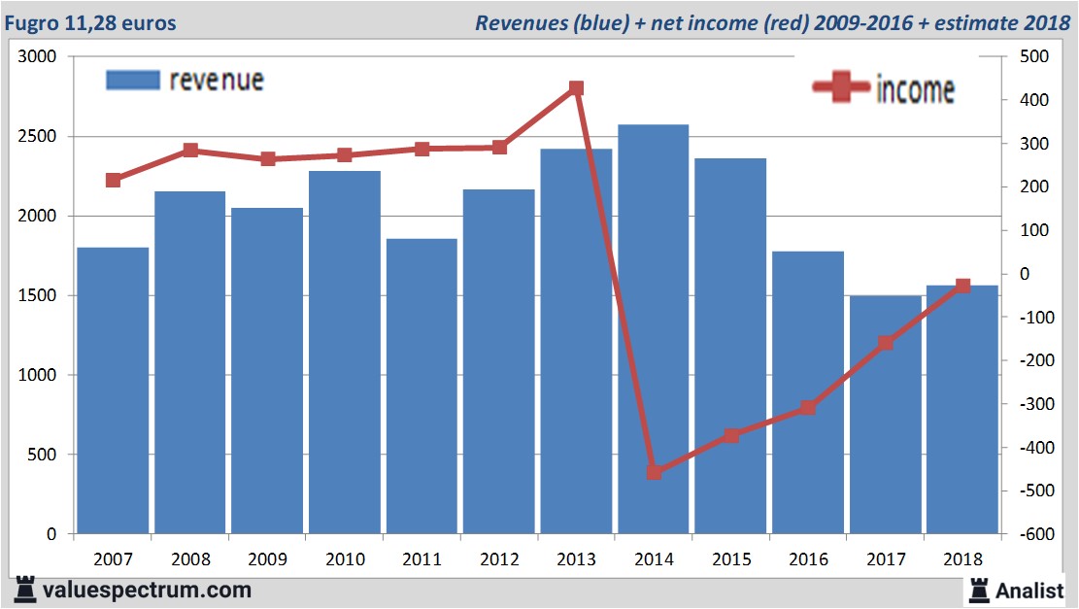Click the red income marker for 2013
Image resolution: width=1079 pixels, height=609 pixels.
(576, 88)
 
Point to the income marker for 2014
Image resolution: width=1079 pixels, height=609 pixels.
(654, 472)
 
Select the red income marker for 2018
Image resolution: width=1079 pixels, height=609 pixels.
(962, 286)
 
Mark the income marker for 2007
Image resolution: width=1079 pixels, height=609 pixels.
(114, 180)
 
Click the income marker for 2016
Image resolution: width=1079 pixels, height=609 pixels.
(808, 408)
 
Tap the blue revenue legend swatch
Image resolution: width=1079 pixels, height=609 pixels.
(131, 81)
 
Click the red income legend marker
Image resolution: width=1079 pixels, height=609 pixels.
(840, 88)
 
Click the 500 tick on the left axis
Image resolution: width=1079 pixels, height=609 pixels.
(44, 455)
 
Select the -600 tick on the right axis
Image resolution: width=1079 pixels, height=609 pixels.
(1033, 534)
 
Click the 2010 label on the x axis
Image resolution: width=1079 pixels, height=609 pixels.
(345, 559)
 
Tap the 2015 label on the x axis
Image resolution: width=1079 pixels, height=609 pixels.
(730, 559)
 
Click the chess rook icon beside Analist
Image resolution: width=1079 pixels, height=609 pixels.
(978, 590)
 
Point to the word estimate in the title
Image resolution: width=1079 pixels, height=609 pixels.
(973, 22)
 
